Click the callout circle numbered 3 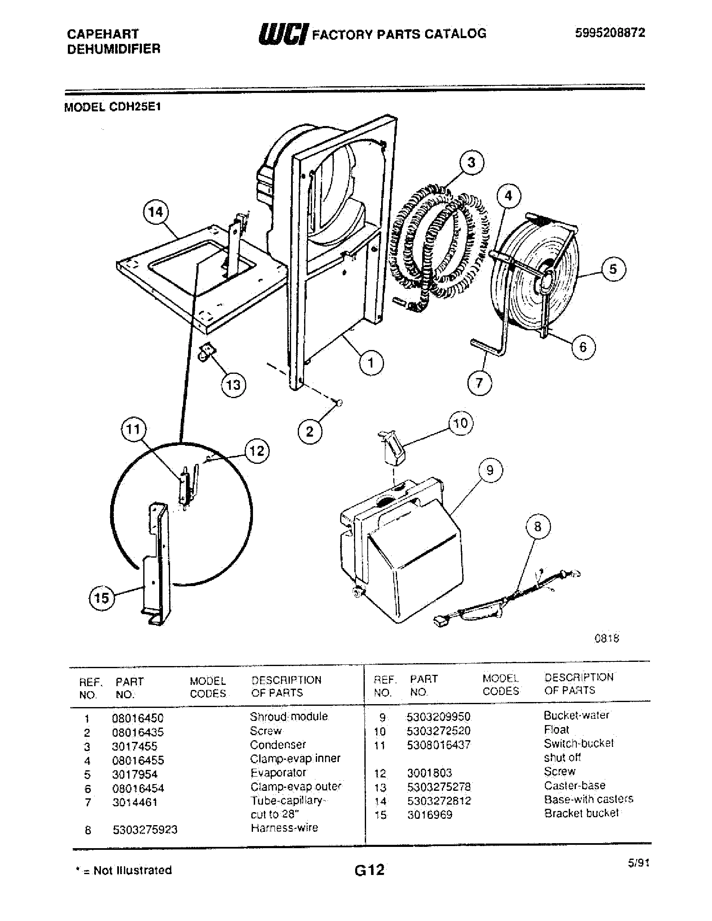[x=471, y=162]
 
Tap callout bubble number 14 [x=156, y=212]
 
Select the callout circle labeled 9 [x=490, y=470]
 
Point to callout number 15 [x=101, y=598]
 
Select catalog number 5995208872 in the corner [x=610, y=33]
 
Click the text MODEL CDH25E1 [x=112, y=107]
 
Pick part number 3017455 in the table [x=134, y=746]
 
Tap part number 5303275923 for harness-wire [x=144, y=830]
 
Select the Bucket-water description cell [x=576, y=715]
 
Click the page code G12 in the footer [x=369, y=870]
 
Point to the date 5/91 [x=638, y=863]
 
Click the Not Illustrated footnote [x=124, y=870]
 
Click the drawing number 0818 [x=606, y=638]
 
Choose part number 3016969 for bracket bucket [x=429, y=815]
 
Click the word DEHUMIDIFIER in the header [x=114, y=49]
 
